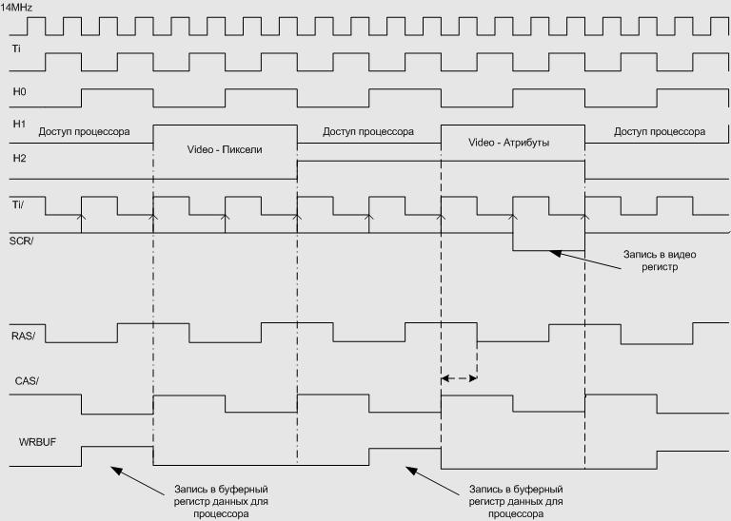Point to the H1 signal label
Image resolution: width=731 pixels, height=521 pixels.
18,124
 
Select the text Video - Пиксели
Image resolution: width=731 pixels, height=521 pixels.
225,150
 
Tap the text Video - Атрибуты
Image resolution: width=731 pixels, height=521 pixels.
510,142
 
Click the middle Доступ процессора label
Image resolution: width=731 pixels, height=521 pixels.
367,131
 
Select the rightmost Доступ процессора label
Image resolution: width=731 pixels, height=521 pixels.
660,131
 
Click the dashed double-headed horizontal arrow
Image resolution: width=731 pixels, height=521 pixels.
458,378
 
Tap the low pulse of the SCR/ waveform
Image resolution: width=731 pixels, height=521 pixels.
548,244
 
